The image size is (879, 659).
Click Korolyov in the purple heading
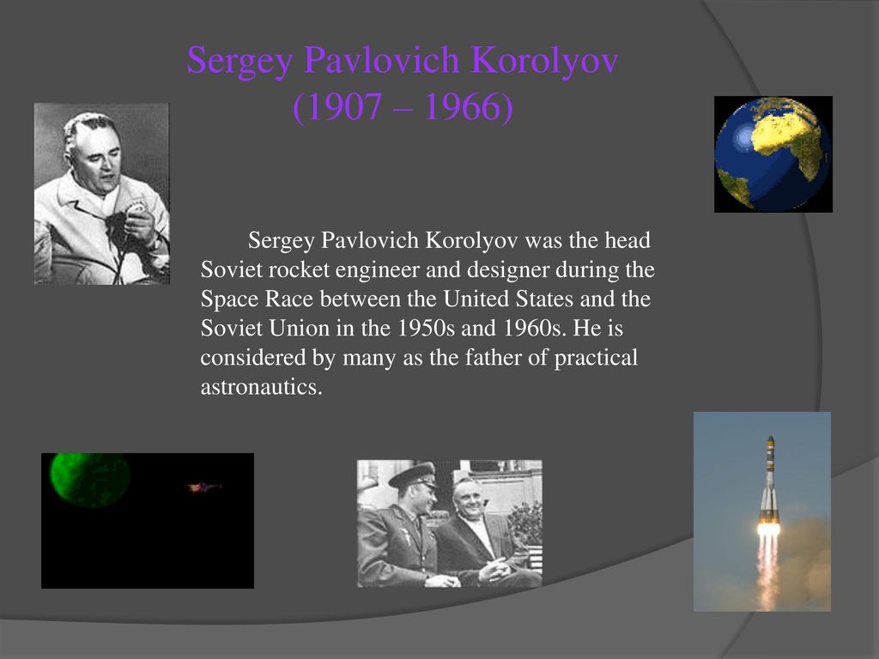[544, 59]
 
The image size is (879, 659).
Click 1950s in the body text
[426, 328]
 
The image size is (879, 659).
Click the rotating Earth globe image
[773, 154]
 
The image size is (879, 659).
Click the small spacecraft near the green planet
[202, 487]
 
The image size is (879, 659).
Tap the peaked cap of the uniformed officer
[414, 475]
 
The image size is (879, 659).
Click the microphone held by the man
[136, 209]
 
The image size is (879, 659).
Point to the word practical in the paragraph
[596, 358]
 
